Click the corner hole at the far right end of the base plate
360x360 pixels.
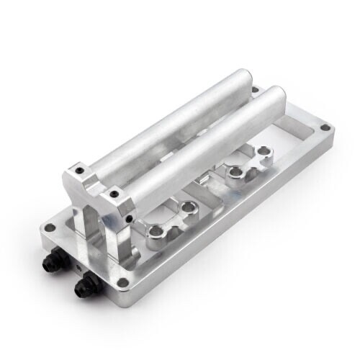(325, 128)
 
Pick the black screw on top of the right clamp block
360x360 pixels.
(113, 193)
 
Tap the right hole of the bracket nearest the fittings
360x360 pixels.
(189, 207)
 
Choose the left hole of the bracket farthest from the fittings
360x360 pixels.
(234, 173)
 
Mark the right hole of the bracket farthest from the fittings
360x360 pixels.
(264, 153)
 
